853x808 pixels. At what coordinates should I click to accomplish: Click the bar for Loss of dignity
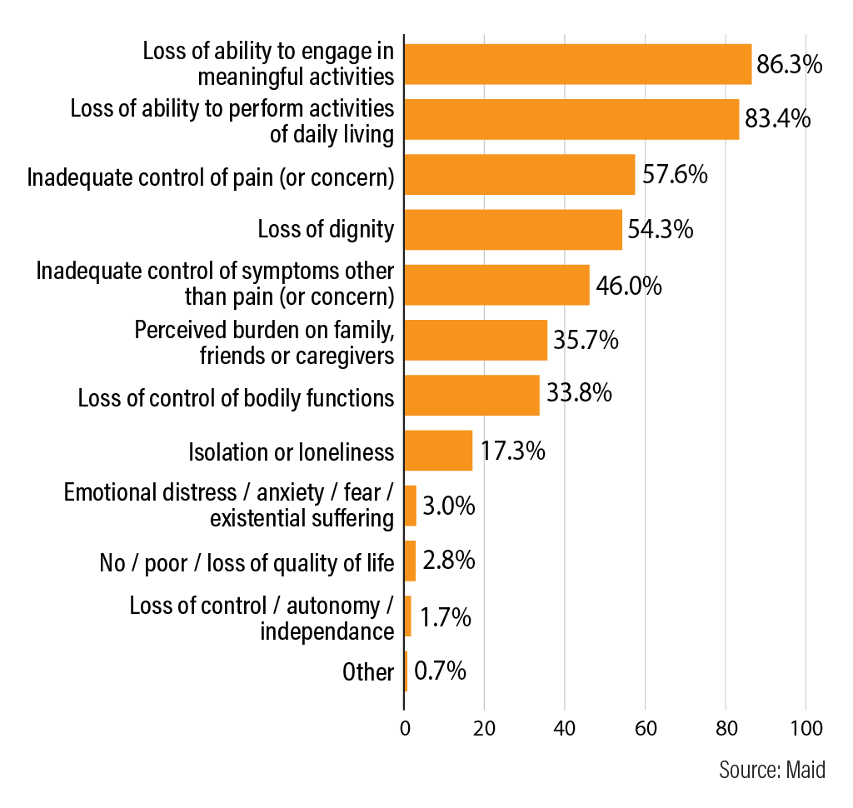click(513, 229)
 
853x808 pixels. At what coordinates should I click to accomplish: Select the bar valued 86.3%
click(578, 64)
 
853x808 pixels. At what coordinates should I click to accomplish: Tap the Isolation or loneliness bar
click(438, 451)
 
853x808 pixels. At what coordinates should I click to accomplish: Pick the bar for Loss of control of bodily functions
click(471, 395)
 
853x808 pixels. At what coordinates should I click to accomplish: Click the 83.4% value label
click(777, 119)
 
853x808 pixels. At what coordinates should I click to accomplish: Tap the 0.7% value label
click(441, 671)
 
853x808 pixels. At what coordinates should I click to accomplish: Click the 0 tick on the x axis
click(404, 728)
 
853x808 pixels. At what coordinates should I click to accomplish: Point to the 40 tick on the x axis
click(565, 728)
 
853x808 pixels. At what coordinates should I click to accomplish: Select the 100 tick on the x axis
click(806, 728)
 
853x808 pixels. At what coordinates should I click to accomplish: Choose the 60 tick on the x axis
click(645, 728)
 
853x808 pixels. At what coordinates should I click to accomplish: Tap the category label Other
click(367, 671)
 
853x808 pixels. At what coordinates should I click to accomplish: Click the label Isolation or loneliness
click(291, 451)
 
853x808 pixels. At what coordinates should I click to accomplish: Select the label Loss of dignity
click(326, 229)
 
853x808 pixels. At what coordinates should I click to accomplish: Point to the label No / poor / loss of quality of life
click(247, 562)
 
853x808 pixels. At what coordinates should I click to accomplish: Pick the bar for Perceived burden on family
click(476, 340)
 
